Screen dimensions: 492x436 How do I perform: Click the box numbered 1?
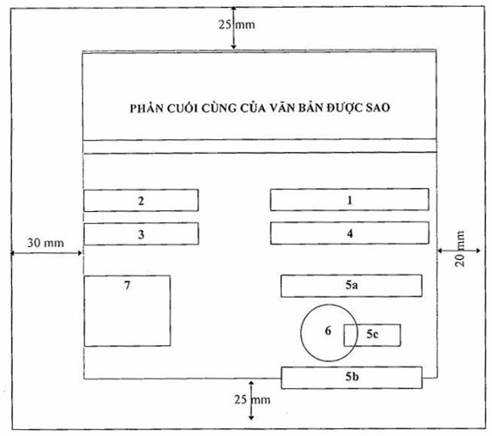[x=349, y=199]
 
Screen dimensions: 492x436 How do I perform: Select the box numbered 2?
[x=141, y=200]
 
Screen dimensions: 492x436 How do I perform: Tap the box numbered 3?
[x=141, y=234]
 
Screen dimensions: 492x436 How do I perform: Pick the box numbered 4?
[x=349, y=233]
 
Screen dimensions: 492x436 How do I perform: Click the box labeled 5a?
[x=351, y=286]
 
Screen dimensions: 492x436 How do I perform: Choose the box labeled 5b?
[x=351, y=377]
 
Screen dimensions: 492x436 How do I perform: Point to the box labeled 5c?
[x=372, y=335]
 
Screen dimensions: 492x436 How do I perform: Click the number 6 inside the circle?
[x=328, y=331]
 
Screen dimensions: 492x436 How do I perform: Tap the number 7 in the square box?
[x=127, y=286]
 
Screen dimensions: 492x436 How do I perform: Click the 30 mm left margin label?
[x=45, y=243]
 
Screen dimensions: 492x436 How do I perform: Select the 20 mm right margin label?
[x=460, y=249]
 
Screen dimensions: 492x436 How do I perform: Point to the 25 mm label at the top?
[x=237, y=25]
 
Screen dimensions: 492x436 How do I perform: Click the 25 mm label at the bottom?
[x=252, y=399]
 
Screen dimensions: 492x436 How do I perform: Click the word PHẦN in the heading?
[x=147, y=109]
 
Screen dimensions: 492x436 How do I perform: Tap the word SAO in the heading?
[x=378, y=108]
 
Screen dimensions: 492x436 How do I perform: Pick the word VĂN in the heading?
[x=284, y=108]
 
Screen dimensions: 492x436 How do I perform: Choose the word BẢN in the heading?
[x=311, y=108]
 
